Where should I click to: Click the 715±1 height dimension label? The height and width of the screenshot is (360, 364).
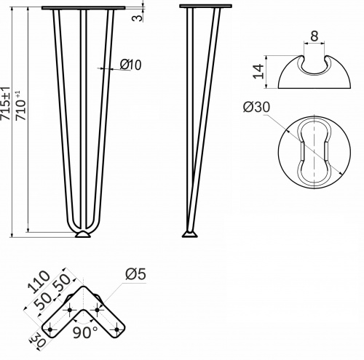pyautogui.click(x=5, y=103)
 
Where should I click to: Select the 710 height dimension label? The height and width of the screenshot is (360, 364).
pyautogui.click(x=20, y=106)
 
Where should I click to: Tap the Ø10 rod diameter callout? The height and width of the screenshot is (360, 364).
pyautogui.click(x=130, y=65)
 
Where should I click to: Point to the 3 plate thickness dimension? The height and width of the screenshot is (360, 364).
pyautogui.click(x=137, y=17)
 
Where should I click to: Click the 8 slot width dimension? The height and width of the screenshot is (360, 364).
pyautogui.click(x=314, y=36)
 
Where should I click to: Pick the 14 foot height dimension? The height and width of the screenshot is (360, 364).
pyautogui.click(x=258, y=71)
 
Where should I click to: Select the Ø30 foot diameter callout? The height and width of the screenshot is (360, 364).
pyautogui.click(x=256, y=107)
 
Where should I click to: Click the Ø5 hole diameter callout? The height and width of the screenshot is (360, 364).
pyautogui.click(x=136, y=274)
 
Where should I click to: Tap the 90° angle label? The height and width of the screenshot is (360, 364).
pyautogui.click(x=85, y=332)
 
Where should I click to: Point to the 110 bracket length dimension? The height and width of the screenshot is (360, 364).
pyautogui.click(x=39, y=281)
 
